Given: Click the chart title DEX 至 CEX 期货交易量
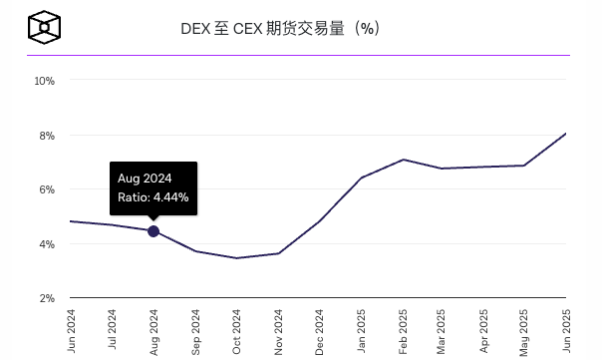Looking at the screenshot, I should coord(279,29).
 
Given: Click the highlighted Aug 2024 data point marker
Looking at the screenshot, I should coord(153,231).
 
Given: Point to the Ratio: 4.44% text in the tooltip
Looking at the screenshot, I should coord(152,197).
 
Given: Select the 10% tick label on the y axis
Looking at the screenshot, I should coord(44,80).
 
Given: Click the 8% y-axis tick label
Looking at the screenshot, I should coord(46,135).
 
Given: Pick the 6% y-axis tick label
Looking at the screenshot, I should coord(46,189).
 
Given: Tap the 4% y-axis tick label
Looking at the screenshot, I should coord(46,243).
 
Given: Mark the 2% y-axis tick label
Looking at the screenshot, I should coord(46,298).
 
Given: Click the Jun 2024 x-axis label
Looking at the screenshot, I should coord(70,331).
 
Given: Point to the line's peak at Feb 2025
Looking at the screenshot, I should coord(402,160).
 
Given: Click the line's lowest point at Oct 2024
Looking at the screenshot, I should coord(236,258).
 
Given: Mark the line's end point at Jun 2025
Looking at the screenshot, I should coord(566,134).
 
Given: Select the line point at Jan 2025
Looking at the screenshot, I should coord(361,178).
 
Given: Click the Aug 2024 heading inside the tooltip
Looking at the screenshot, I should coord(145,178).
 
